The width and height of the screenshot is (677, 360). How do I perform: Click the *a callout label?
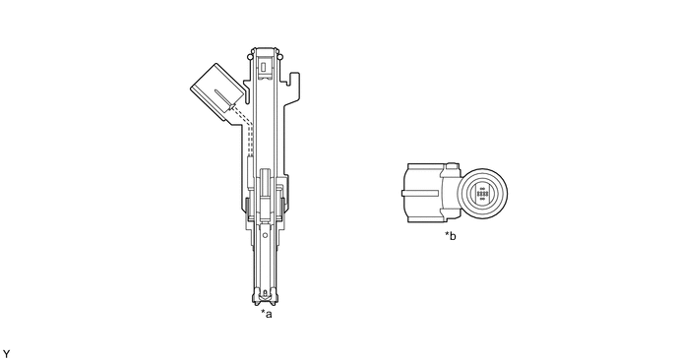[267, 314]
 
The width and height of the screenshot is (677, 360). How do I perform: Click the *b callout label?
[451, 236]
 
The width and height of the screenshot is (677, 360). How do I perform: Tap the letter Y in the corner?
[6, 354]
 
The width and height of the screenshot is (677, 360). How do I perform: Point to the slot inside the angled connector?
[224, 98]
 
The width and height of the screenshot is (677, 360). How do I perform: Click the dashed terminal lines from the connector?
[245, 130]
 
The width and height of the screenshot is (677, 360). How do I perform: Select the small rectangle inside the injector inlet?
[264, 67]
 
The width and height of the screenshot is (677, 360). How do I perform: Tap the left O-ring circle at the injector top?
[249, 57]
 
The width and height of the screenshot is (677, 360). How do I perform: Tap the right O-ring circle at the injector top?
[279, 57]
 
